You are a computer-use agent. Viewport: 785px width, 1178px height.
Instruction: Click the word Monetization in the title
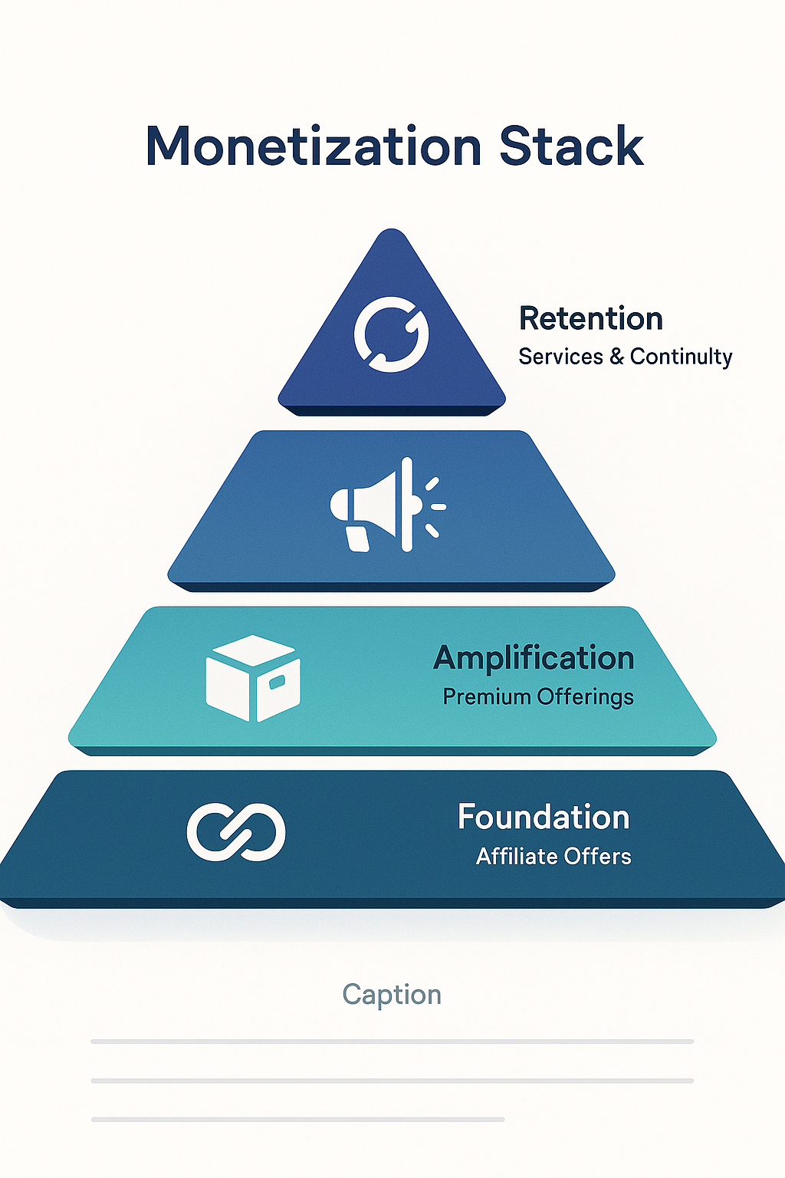click(313, 146)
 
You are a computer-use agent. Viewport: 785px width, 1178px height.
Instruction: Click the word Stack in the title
click(571, 146)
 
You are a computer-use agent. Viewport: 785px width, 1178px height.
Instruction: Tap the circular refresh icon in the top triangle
click(391, 334)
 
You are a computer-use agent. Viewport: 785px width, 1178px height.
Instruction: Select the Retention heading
click(590, 319)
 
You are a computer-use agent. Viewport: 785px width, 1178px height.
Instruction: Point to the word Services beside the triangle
click(560, 357)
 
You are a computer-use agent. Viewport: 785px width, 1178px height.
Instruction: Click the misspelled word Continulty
click(681, 357)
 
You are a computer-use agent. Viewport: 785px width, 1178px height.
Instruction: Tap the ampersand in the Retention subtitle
click(616, 357)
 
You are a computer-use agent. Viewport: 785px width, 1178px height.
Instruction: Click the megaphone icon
click(387, 506)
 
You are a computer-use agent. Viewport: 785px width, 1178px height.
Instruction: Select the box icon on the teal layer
click(253, 678)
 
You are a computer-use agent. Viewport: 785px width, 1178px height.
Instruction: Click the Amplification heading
click(534, 658)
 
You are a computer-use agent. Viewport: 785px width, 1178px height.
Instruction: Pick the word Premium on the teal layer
click(487, 697)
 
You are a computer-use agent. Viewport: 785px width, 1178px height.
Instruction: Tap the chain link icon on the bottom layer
click(236, 832)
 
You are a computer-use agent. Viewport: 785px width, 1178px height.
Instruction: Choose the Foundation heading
click(543, 818)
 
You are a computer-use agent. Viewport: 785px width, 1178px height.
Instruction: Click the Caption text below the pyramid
click(392, 995)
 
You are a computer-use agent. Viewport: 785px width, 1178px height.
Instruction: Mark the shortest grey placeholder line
click(297, 1120)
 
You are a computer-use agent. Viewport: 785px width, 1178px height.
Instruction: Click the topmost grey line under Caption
click(392, 1041)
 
